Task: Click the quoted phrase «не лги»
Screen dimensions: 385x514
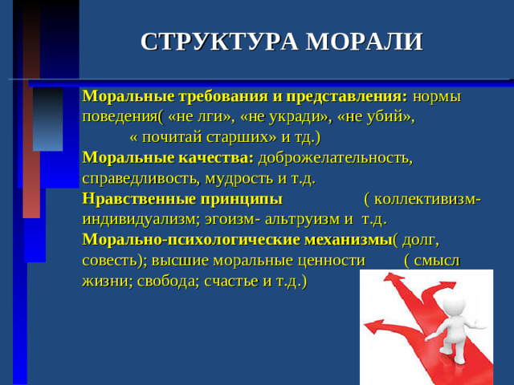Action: pos(199,116)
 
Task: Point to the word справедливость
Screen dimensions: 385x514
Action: pos(141,177)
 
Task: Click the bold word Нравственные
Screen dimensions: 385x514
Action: pos(135,198)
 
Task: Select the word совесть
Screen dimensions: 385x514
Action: pos(110,260)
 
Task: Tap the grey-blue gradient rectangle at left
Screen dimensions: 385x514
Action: pos(47,120)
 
